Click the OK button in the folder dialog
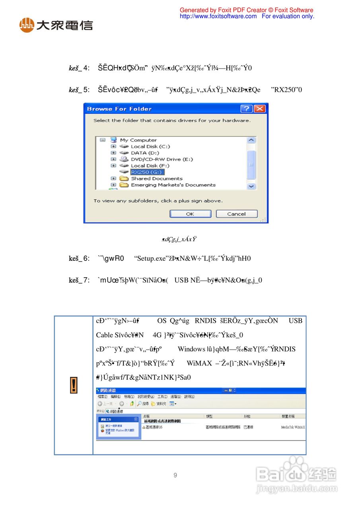[190, 214]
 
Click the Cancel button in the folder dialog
[236, 214]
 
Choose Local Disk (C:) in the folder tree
[150, 146]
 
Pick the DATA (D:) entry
[145, 153]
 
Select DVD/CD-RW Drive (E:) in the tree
[162, 159]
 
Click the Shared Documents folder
[157, 179]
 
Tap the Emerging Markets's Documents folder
[173, 185]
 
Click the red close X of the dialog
[260, 109]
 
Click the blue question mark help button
[247, 109]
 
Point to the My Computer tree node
[138, 140]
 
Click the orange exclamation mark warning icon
[74, 385]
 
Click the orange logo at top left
[27, 25]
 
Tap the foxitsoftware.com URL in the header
[218, 16]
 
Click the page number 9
[175, 475]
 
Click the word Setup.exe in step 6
[150, 258]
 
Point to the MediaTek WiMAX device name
[293, 427]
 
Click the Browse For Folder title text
[119, 109]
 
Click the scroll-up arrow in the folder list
[251, 140]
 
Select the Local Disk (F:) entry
[150, 165]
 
